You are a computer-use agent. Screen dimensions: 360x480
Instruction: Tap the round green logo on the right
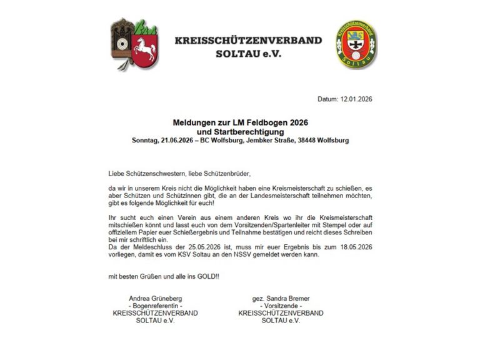point(356,45)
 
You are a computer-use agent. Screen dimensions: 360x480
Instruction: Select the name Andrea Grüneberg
point(155,298)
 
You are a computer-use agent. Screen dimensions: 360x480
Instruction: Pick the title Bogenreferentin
point(155,306)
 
